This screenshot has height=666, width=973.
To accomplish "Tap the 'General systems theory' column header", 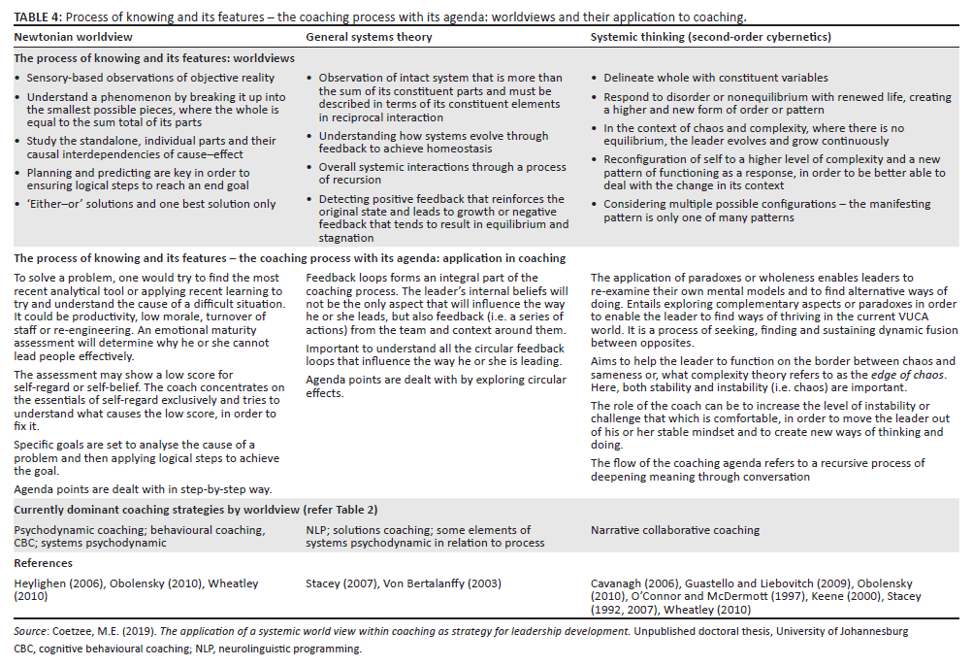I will pyautogui.click(x=368, y=37).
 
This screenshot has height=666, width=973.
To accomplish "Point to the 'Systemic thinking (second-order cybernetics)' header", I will pyautogui.click(x=710, y=37).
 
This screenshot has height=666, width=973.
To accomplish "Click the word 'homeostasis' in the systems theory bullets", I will pyautogui.click(x=464, y=149).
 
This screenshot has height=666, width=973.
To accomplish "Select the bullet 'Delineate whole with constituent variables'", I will pyautogui.click(x=716, y=78).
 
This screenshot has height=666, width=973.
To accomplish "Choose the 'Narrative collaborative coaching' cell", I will pyautogui.click(x=675, y=530).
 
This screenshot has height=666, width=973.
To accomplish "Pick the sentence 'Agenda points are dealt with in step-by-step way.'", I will pyautogui.click(x=144, y=489).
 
